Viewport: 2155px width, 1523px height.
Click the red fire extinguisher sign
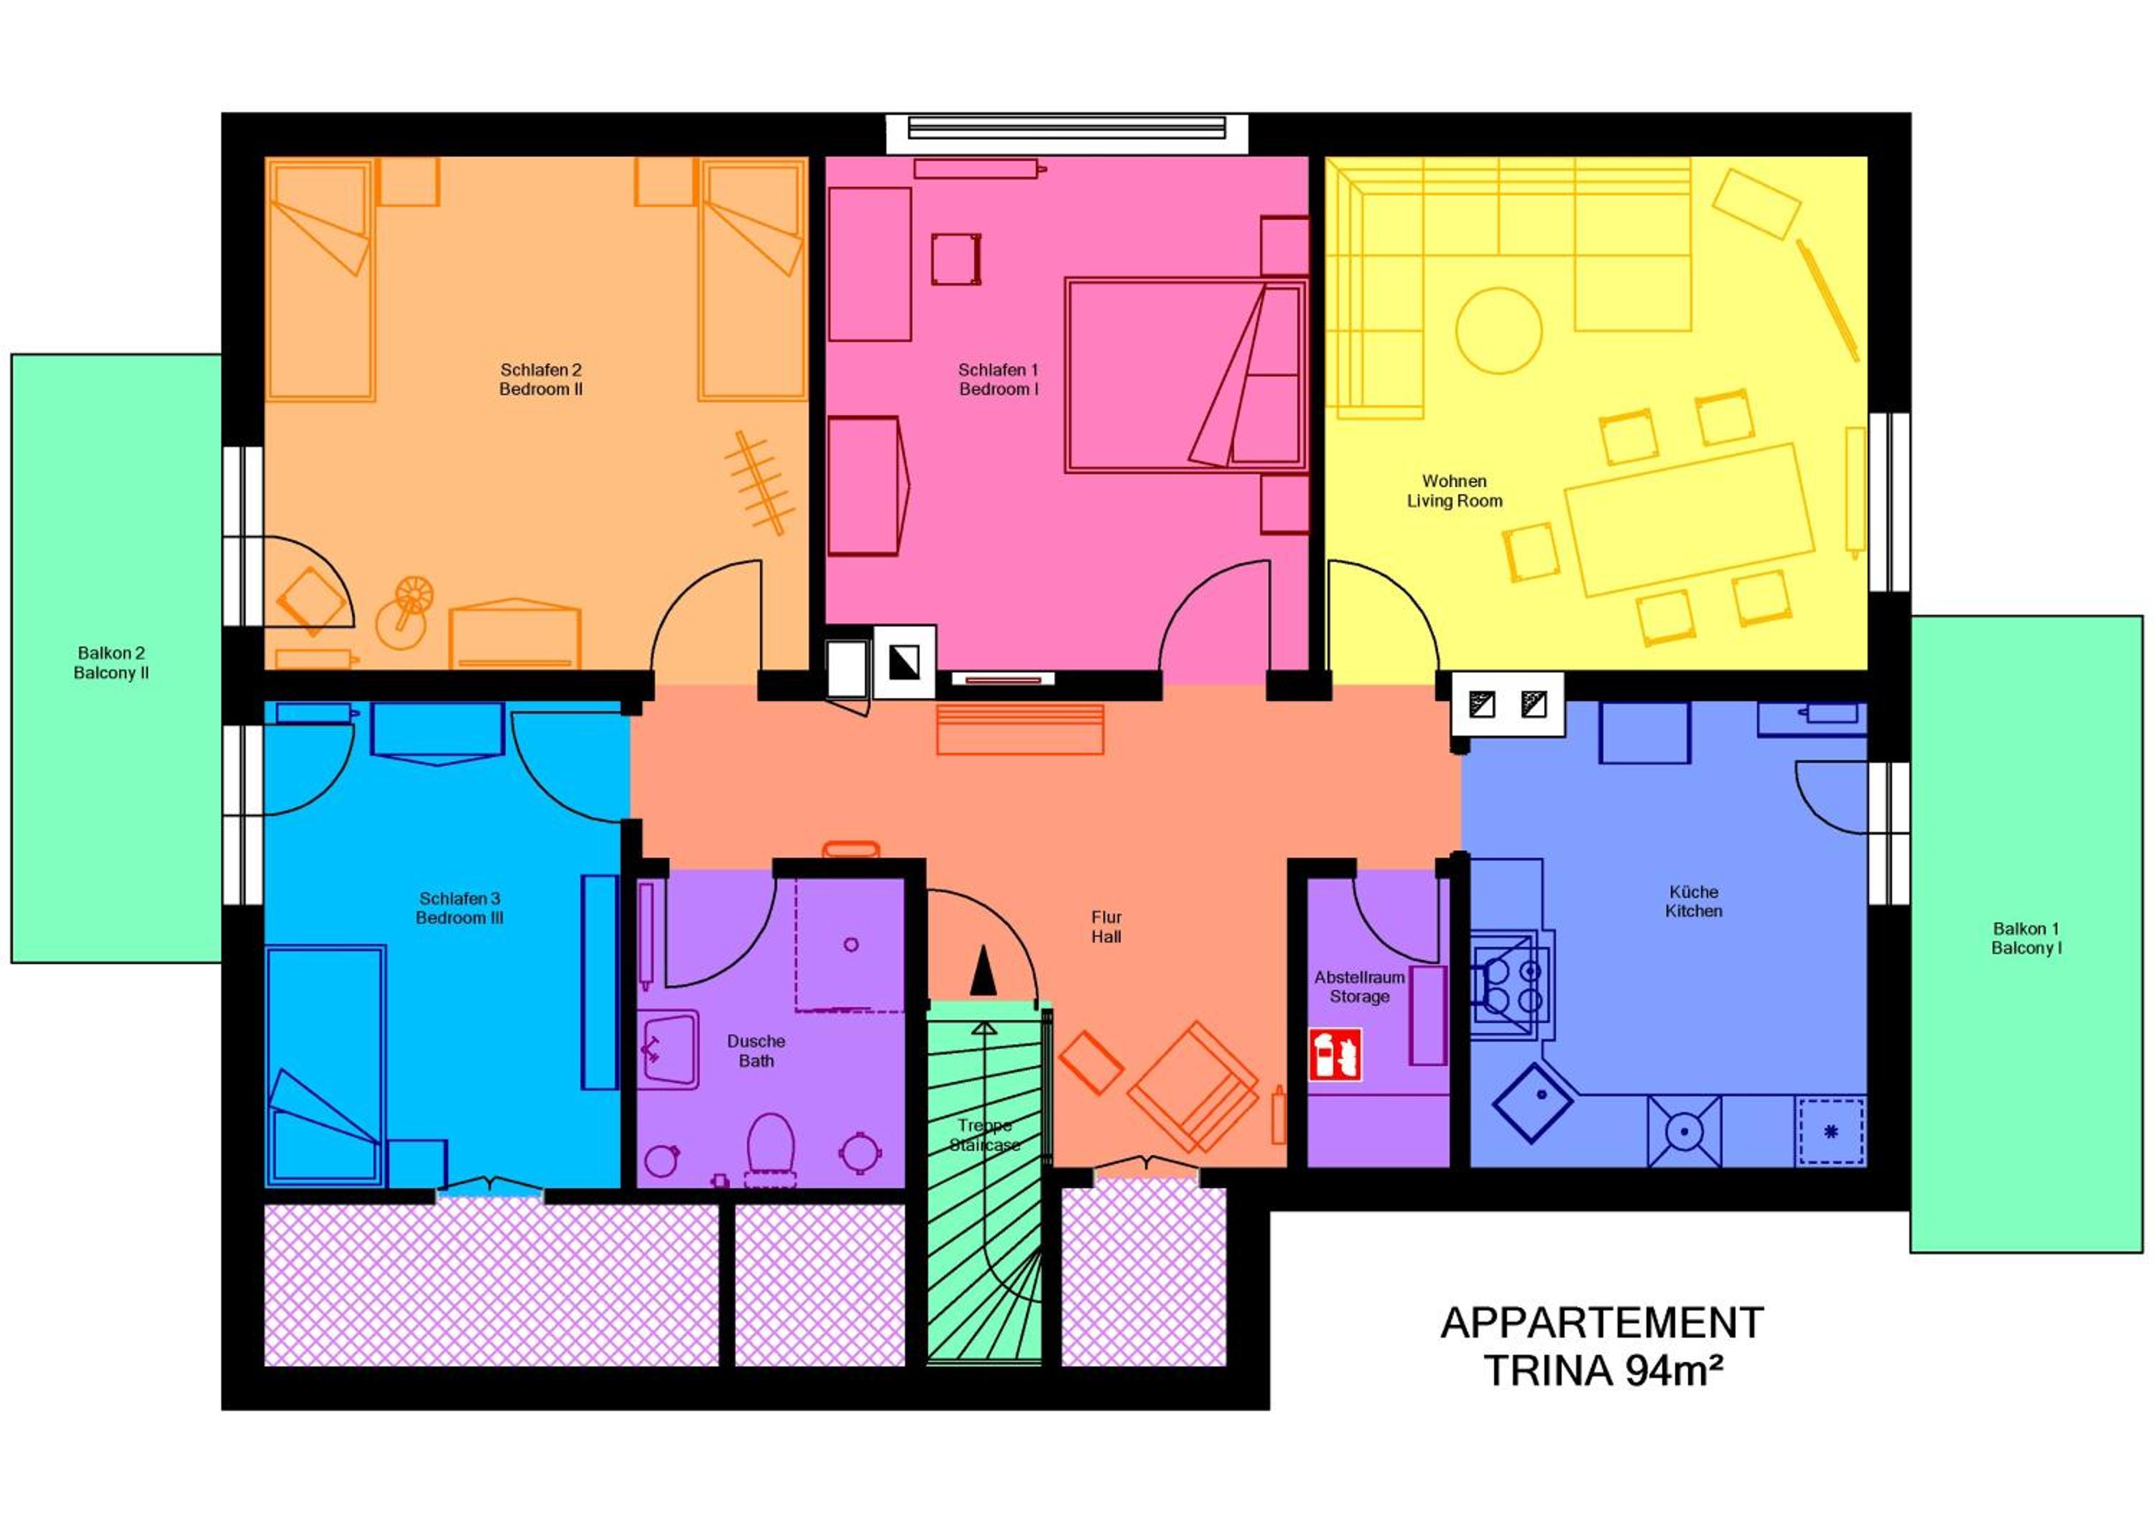1335,1055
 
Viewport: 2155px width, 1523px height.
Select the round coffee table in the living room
1499,330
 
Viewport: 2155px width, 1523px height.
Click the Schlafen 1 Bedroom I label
998,379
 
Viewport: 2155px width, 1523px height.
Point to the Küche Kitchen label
1693,901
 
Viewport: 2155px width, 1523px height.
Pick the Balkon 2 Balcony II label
111,662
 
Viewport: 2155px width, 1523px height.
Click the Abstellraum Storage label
1359,986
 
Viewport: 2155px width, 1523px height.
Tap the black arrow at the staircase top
983,971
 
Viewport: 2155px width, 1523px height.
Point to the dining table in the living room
1689,520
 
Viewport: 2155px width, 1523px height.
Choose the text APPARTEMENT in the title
1602,1323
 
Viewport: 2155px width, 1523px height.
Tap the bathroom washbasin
667,1050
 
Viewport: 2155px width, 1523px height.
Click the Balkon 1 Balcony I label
2026,938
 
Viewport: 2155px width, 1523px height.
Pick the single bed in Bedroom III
325,1067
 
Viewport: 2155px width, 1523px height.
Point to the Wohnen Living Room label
1454,491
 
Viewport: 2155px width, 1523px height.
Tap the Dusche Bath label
756,1051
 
